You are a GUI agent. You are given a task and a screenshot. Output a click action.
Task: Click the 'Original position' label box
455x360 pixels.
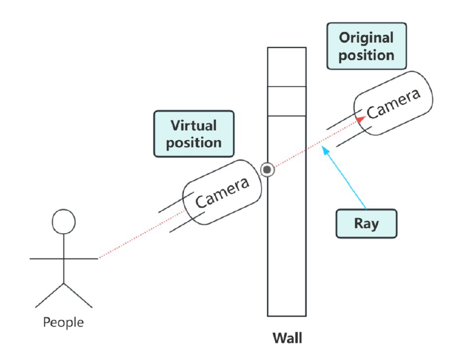tap(366, 46)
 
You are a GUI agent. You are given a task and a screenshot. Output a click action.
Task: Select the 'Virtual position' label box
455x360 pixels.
tap(193, 133)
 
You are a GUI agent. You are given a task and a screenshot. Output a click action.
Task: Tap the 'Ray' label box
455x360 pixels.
tap(366, 224)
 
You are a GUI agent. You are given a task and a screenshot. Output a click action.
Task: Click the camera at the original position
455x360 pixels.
tap(393, 106)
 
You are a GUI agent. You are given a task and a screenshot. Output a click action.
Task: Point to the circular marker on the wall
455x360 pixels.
tap(268, 170)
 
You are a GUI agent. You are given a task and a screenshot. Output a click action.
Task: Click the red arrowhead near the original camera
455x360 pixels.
tap(360, 119)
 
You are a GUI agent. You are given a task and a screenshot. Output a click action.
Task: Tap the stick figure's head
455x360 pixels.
tap(63, 222)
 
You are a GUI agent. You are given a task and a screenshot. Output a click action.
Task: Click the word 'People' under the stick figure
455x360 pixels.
tap(63, 323)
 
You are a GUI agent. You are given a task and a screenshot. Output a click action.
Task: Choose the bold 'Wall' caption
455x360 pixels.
tap(287, 339)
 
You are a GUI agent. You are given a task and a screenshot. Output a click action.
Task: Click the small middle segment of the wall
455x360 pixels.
tap(287, 101)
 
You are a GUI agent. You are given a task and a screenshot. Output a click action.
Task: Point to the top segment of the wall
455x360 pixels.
tap(287, 67)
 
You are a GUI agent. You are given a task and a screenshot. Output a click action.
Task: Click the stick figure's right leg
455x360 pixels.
tap(78, 295)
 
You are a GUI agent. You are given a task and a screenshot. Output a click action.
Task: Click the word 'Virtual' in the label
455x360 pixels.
tap(193, 125)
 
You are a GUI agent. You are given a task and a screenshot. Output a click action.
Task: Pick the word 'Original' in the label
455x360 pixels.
tap(366, 38)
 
